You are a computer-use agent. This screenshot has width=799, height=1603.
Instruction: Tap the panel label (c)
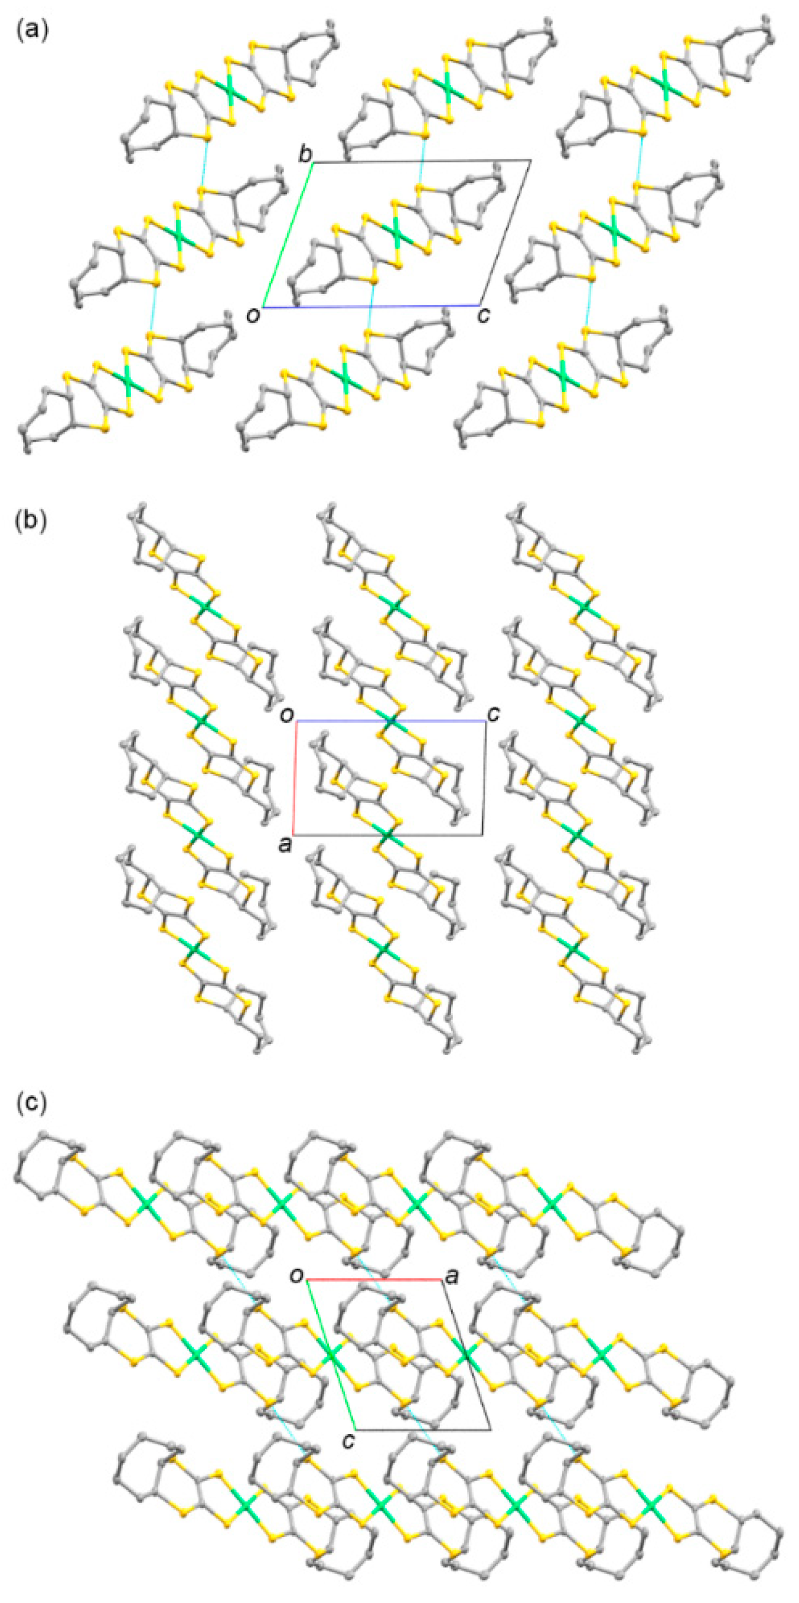point(31,1101)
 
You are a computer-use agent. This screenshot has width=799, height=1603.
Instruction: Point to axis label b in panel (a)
point(305,155)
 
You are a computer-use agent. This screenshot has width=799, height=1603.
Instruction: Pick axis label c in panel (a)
point(484,315)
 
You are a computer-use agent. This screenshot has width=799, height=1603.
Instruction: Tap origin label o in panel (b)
point(287,716)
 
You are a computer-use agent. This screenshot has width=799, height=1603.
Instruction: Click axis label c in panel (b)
point(493,714)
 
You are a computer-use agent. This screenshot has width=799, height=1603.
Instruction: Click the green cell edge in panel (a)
point(288,234)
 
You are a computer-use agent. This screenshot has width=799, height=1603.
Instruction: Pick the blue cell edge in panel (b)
point(436,721)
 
